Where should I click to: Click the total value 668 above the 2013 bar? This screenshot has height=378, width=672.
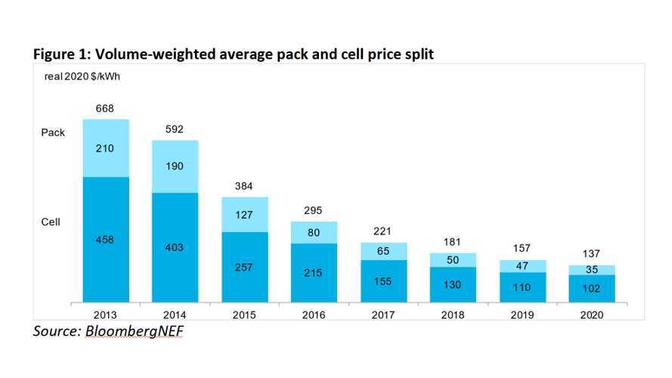(106, 109)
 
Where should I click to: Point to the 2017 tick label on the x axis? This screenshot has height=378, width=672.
(384, 315)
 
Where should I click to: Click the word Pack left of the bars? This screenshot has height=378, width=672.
(53, 132)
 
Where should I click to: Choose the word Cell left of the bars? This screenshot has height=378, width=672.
(51, 222)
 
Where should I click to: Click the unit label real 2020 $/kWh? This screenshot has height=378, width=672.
(73, 74)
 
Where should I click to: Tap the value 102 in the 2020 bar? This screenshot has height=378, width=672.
(592, 287)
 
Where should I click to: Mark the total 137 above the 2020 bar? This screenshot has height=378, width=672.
(592, 254)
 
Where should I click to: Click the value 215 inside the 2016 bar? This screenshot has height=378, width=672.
(314, 271)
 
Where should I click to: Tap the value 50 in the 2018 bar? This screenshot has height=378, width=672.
(454, 260)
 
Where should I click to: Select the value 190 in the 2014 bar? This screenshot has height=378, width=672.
(175, 166)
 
